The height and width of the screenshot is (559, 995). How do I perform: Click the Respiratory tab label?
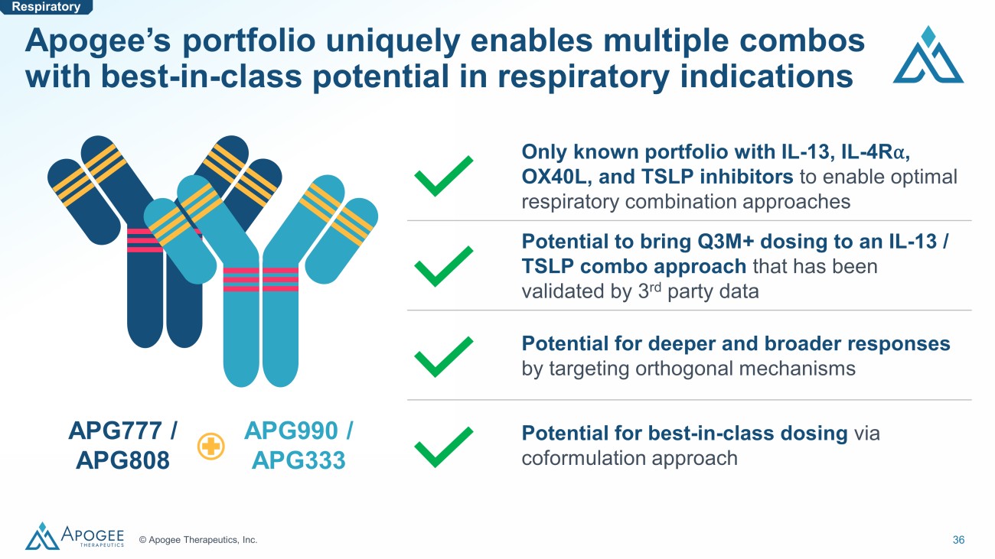46,7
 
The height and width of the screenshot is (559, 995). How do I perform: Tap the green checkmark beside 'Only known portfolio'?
443,176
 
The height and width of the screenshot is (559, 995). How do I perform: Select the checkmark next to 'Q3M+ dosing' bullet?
443,266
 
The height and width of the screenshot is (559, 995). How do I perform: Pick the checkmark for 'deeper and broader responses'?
443,356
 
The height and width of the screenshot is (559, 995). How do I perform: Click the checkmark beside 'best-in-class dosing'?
443,447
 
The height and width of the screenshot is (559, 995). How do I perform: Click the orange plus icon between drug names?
210,446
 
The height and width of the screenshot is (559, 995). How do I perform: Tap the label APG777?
115,431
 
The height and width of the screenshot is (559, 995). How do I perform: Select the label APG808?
122,460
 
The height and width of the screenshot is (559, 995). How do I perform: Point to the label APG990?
291,431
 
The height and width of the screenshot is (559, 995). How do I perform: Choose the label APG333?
298,460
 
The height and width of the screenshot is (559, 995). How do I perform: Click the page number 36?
958,539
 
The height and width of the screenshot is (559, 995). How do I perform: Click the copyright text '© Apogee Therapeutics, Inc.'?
198,539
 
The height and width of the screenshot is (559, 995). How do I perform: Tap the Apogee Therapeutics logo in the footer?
75,535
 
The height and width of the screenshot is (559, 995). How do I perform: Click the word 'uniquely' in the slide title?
393,41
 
